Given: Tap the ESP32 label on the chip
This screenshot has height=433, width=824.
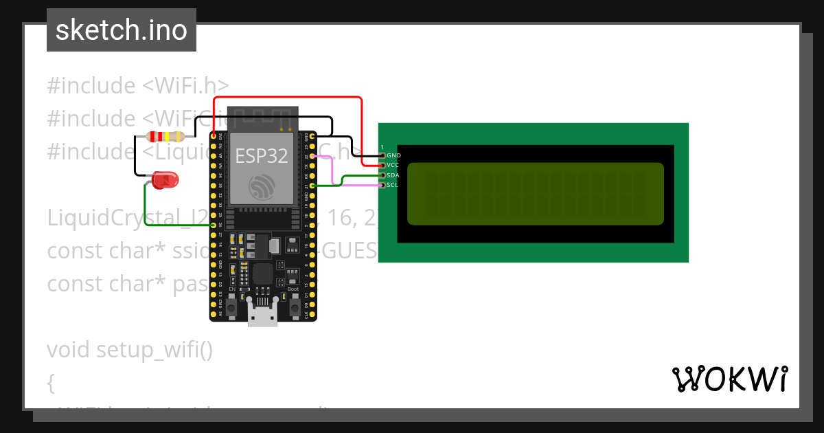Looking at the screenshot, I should (x=262, y=155).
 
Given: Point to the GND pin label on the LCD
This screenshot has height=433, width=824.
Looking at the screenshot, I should (x=393, y=155).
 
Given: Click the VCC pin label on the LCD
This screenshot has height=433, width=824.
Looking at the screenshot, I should (x=393, y=165).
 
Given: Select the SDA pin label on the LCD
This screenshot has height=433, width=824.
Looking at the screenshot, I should (x=393, y=175).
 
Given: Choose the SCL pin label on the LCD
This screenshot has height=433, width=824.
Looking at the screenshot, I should (x=393, y=185).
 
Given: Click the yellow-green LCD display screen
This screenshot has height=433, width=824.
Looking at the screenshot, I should (x=536, y=194).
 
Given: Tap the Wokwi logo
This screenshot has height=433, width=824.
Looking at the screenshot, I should (x=729, y=379).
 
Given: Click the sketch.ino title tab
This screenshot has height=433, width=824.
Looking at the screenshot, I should (x=122, y=30).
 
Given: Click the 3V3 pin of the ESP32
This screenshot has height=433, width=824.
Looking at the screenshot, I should (x=214, y=136).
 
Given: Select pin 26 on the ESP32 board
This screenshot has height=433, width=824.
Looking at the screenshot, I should (x=214, y=225).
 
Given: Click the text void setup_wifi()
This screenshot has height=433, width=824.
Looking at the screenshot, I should (x=130, y=350).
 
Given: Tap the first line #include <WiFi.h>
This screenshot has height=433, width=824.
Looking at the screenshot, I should (x=137, y=86).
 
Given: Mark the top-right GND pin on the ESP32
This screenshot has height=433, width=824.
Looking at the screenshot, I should (x=312, y=137).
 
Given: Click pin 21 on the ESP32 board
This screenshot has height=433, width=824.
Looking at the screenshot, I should (x=312, y=186).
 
